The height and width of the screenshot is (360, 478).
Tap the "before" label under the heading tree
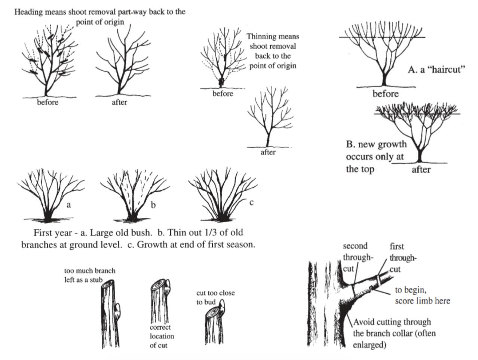48,102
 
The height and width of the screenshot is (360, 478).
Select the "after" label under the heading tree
119,102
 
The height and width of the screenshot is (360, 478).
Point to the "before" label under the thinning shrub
223,94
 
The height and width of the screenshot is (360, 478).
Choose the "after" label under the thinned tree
268,152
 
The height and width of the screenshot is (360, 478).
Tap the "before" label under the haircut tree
385,94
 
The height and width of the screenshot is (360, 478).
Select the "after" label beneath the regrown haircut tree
421,170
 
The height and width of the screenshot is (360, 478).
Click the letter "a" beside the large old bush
68,205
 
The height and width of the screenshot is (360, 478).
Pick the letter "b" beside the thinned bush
153,205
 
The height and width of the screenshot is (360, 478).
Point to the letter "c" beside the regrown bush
252,202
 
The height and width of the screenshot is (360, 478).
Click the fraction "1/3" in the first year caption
212,232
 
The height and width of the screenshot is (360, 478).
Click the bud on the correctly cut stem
167,287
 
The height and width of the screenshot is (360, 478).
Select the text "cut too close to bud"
215,298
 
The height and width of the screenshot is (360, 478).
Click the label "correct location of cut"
162,336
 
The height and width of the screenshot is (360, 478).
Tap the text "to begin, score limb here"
422,295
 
